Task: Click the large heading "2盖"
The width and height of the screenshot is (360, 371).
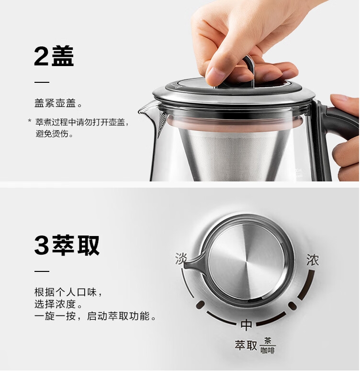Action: click(54, 56)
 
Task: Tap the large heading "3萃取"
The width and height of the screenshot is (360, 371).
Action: click(67, 245)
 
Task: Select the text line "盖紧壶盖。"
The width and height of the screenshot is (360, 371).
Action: click(58, 103)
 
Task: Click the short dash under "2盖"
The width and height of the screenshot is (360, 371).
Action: click(42, 82)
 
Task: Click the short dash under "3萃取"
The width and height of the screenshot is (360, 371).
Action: click(42, 271)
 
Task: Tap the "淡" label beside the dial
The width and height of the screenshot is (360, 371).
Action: click(181, 259)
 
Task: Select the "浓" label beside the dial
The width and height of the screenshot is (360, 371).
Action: click(313, 260)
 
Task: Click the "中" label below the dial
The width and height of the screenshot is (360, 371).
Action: click(247, 325)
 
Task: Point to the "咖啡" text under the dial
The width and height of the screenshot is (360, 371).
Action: click(268, 350)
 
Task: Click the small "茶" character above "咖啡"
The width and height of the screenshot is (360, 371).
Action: click(268, 341)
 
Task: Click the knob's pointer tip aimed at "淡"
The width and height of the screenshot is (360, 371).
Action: click(186, 265)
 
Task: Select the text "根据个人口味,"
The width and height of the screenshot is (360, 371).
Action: click(68, 292)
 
